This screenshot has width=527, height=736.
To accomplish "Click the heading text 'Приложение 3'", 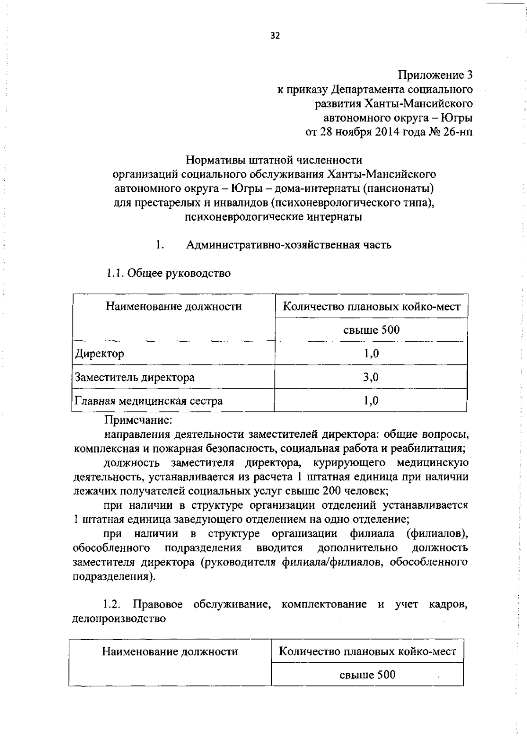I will click(435, 75).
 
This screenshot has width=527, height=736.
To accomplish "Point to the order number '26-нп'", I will click(458, 132).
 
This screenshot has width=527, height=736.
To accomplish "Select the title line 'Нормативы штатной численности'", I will click(274, 160).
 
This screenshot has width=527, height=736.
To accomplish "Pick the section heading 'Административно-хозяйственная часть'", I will click(289, 245).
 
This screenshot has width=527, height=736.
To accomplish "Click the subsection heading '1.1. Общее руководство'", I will click(168, 273).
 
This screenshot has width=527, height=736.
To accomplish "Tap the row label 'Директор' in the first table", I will click(99, 354).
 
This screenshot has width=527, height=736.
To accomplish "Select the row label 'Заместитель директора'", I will click(134, 377).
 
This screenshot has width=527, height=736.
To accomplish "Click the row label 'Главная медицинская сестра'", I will click(148, 401).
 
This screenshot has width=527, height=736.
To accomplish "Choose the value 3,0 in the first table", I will click(371, 377).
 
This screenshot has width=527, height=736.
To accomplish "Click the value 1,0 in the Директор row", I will click(371, 354).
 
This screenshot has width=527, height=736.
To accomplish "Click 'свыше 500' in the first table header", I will click(372, 330).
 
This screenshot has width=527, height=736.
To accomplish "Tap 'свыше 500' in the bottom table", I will click(368, 675).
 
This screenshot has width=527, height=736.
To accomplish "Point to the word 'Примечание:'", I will click(138, 420).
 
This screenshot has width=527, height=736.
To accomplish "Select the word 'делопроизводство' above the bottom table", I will click(119, 619).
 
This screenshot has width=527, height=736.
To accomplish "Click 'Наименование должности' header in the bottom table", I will click(170, 652).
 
